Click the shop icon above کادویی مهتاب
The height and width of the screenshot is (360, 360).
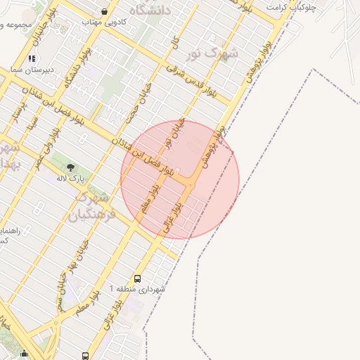coord(105,11)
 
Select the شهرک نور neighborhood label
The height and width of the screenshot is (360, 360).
coord(216,53)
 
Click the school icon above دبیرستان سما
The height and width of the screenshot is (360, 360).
coord(31,58)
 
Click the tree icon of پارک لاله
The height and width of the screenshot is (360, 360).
coord(70,167)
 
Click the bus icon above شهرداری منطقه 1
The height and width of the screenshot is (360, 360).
coord(137,278)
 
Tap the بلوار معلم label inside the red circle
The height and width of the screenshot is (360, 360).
coord(150,200)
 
